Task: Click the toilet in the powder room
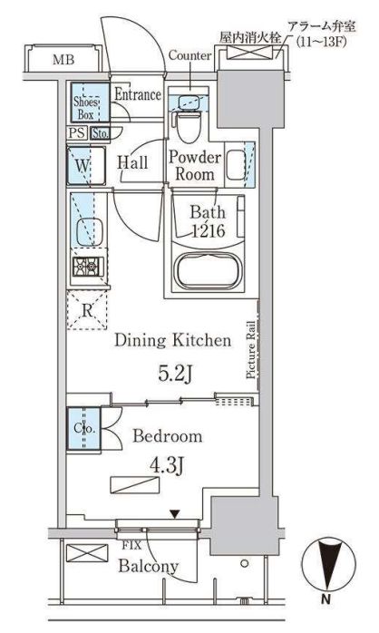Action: (189, 124)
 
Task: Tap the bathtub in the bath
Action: (208, 270)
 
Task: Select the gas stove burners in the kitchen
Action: (88, 266)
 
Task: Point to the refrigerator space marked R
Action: (87, 310)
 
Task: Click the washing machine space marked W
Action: (86, 166)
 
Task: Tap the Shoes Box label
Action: (85, 108)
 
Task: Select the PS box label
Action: (77, 132)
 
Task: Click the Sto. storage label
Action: (100, 133)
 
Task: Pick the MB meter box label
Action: (63, 60)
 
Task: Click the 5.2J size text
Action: (174, 374)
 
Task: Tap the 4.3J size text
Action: (167, 467)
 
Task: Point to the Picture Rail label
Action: (251, 350)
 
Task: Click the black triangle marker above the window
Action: (174, 514)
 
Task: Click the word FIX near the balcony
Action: (132, 545)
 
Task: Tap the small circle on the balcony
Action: (244, 563)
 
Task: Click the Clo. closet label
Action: (84, 428)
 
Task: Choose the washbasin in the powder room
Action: (236, 165)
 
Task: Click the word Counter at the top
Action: (189, 55)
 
